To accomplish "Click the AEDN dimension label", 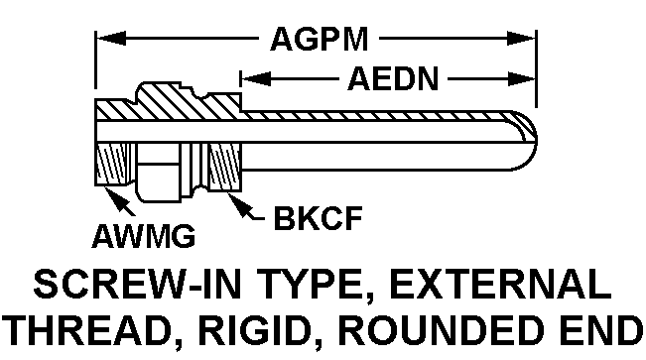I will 394,79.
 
